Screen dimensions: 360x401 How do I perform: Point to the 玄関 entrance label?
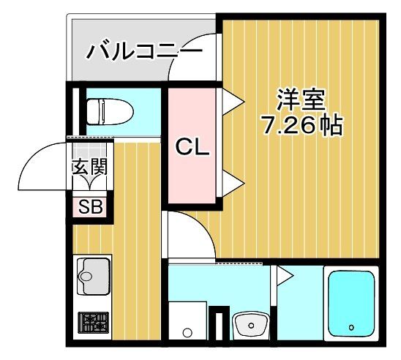[90, 166]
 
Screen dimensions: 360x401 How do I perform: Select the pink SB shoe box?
[90, 206]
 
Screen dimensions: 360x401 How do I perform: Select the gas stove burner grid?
[92, 323]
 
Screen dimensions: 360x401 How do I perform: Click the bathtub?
[351, 304]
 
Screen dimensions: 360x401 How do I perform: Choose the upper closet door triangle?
[231, 99]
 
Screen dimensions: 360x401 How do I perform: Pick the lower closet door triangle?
[231, 183]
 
